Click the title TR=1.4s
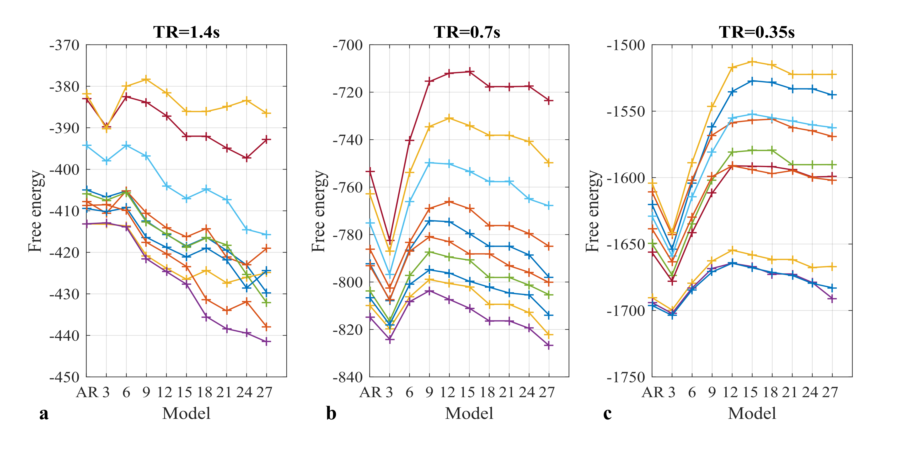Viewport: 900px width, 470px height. [x=186, y=32]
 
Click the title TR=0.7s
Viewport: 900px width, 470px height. [x=467, y=32]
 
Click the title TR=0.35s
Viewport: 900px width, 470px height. [x=756, y=32]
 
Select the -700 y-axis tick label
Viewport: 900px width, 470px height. [x=348, y=45]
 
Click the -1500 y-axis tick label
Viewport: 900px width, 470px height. [x=626, y=45]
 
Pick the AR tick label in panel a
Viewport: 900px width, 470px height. [x=87, y=392]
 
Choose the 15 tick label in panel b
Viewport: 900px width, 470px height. [x=467, y=392]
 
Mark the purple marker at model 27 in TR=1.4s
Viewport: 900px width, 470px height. [x=267, y=342]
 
